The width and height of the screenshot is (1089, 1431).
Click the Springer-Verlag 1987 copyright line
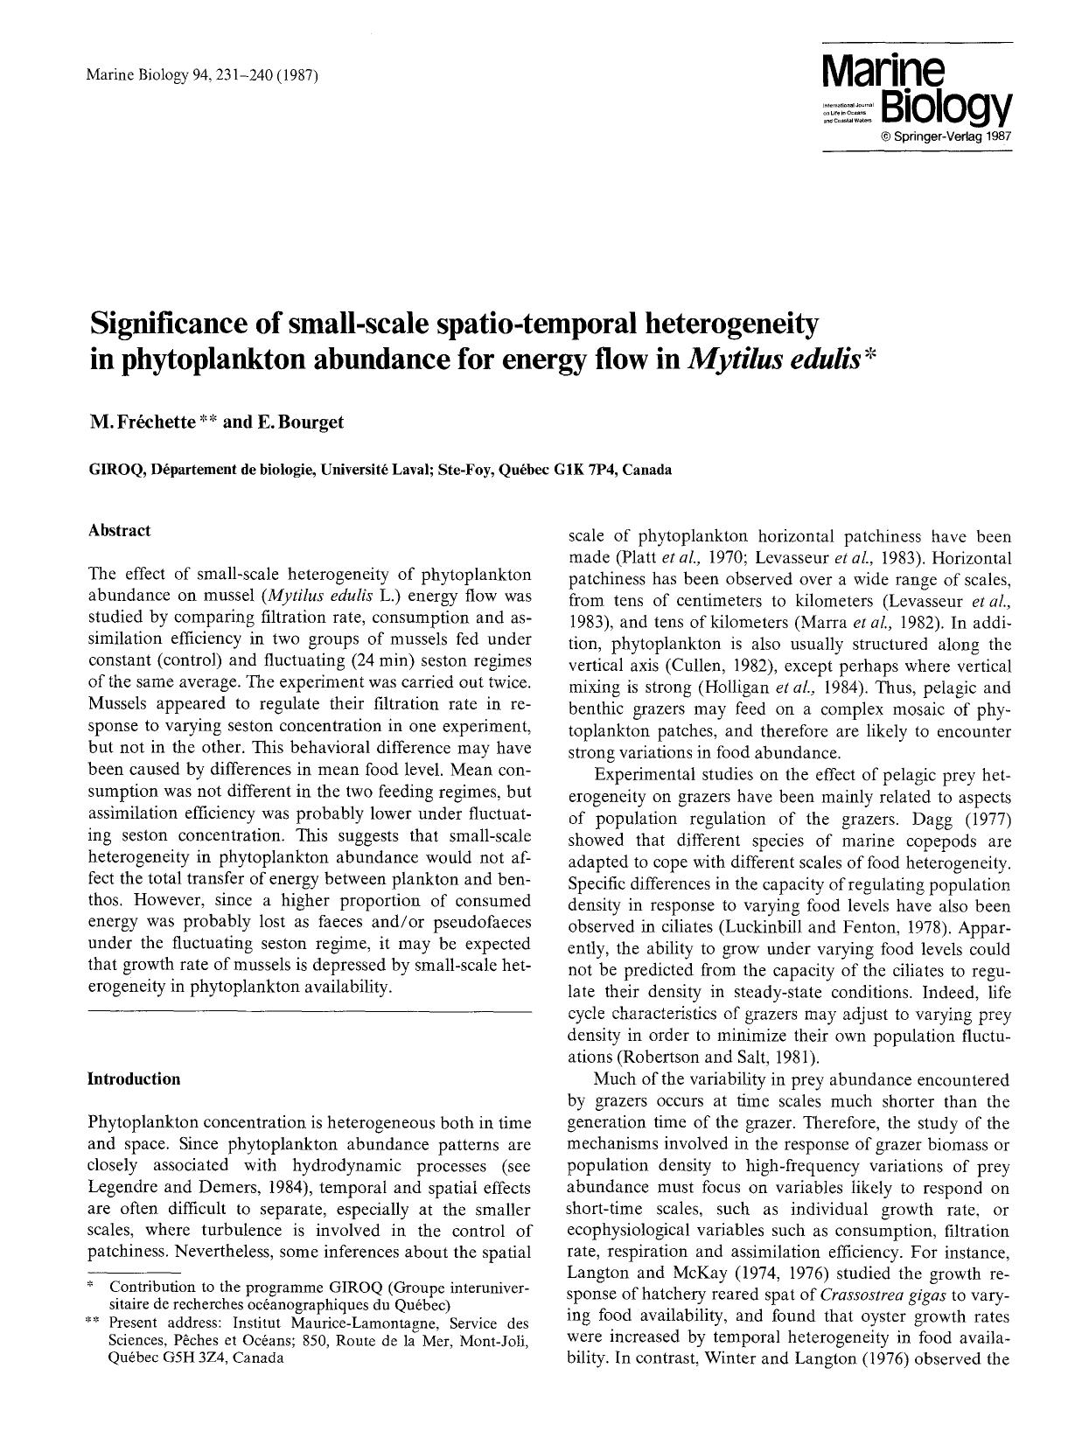coord(946,137)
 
